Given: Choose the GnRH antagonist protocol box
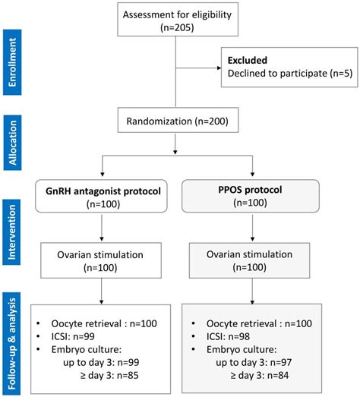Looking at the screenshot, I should click(102, 196).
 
